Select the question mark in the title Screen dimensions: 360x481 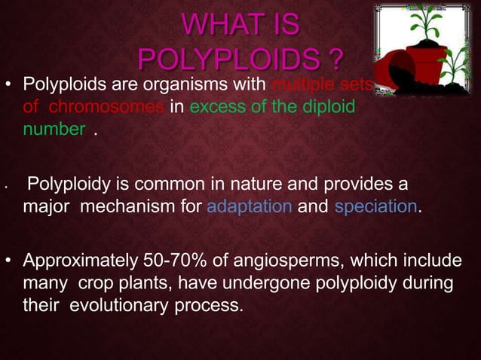[x=336, y=58]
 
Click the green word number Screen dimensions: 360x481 [x=53, y=129]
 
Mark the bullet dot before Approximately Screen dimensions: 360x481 [x=10, y=262]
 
